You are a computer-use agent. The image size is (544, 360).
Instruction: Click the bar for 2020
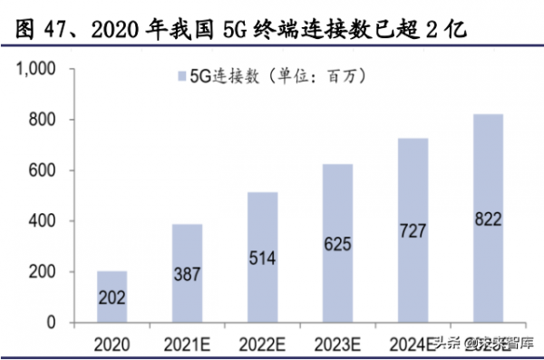pos(112,297)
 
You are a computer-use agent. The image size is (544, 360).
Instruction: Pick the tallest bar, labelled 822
pos(488,218)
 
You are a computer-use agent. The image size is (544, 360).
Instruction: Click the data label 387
pos(188,275)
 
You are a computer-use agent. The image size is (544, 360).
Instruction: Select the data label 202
pos(112,297)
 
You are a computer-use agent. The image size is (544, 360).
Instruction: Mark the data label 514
pos(263,257)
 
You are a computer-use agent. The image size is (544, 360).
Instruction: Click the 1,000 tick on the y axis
pos(36,69)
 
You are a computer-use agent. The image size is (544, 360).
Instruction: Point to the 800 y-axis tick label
pos(43,120)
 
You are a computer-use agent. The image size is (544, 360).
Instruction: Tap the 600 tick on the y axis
pos(43,170)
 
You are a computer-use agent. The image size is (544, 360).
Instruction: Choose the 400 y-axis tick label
pos(43,221)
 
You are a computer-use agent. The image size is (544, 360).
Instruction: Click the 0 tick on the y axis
pos(51,323)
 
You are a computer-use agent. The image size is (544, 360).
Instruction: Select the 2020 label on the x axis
pos(112,343)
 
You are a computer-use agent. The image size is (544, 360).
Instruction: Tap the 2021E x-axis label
pos(188,343)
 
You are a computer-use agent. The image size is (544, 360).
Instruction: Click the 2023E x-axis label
pos(337,343)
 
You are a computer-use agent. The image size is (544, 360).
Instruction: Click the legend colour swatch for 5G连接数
pos(179,78)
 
